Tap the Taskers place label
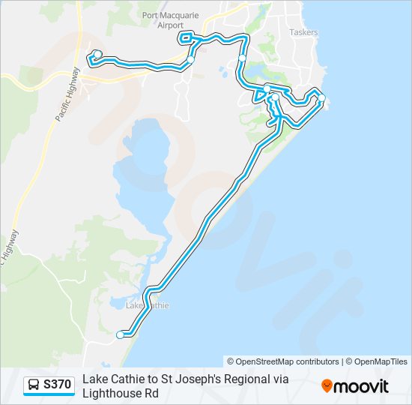(x=303, y=32)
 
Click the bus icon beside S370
(x=34, y=385)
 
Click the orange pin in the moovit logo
(x=327, y=386)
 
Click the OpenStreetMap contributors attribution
(x=283, y=361)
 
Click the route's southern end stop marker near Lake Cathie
(x=120, y=335)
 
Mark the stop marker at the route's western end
(x=96, y=54)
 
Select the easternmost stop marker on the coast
(x=321, y=98)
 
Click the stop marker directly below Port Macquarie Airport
(x=191, y=59)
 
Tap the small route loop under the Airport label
(x=186, y=38)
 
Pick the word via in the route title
(x=279, y=379)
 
